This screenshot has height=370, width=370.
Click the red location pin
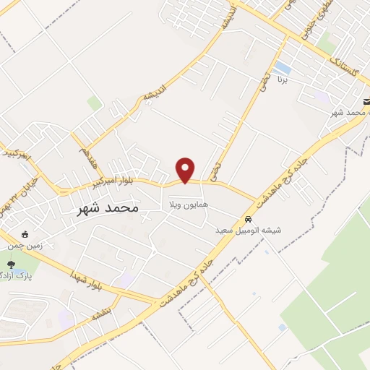click(186, 169)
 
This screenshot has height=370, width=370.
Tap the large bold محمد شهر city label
click(107, 208)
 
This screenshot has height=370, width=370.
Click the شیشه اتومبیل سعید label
click(248, 231)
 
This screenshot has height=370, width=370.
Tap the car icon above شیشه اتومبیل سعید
click(248, 219)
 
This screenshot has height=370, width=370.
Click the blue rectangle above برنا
click(283, 68)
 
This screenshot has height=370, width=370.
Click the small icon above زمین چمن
click(25, 234)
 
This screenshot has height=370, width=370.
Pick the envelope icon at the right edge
click(366, 103)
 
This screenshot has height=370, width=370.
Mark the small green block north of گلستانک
click(327, 45)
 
